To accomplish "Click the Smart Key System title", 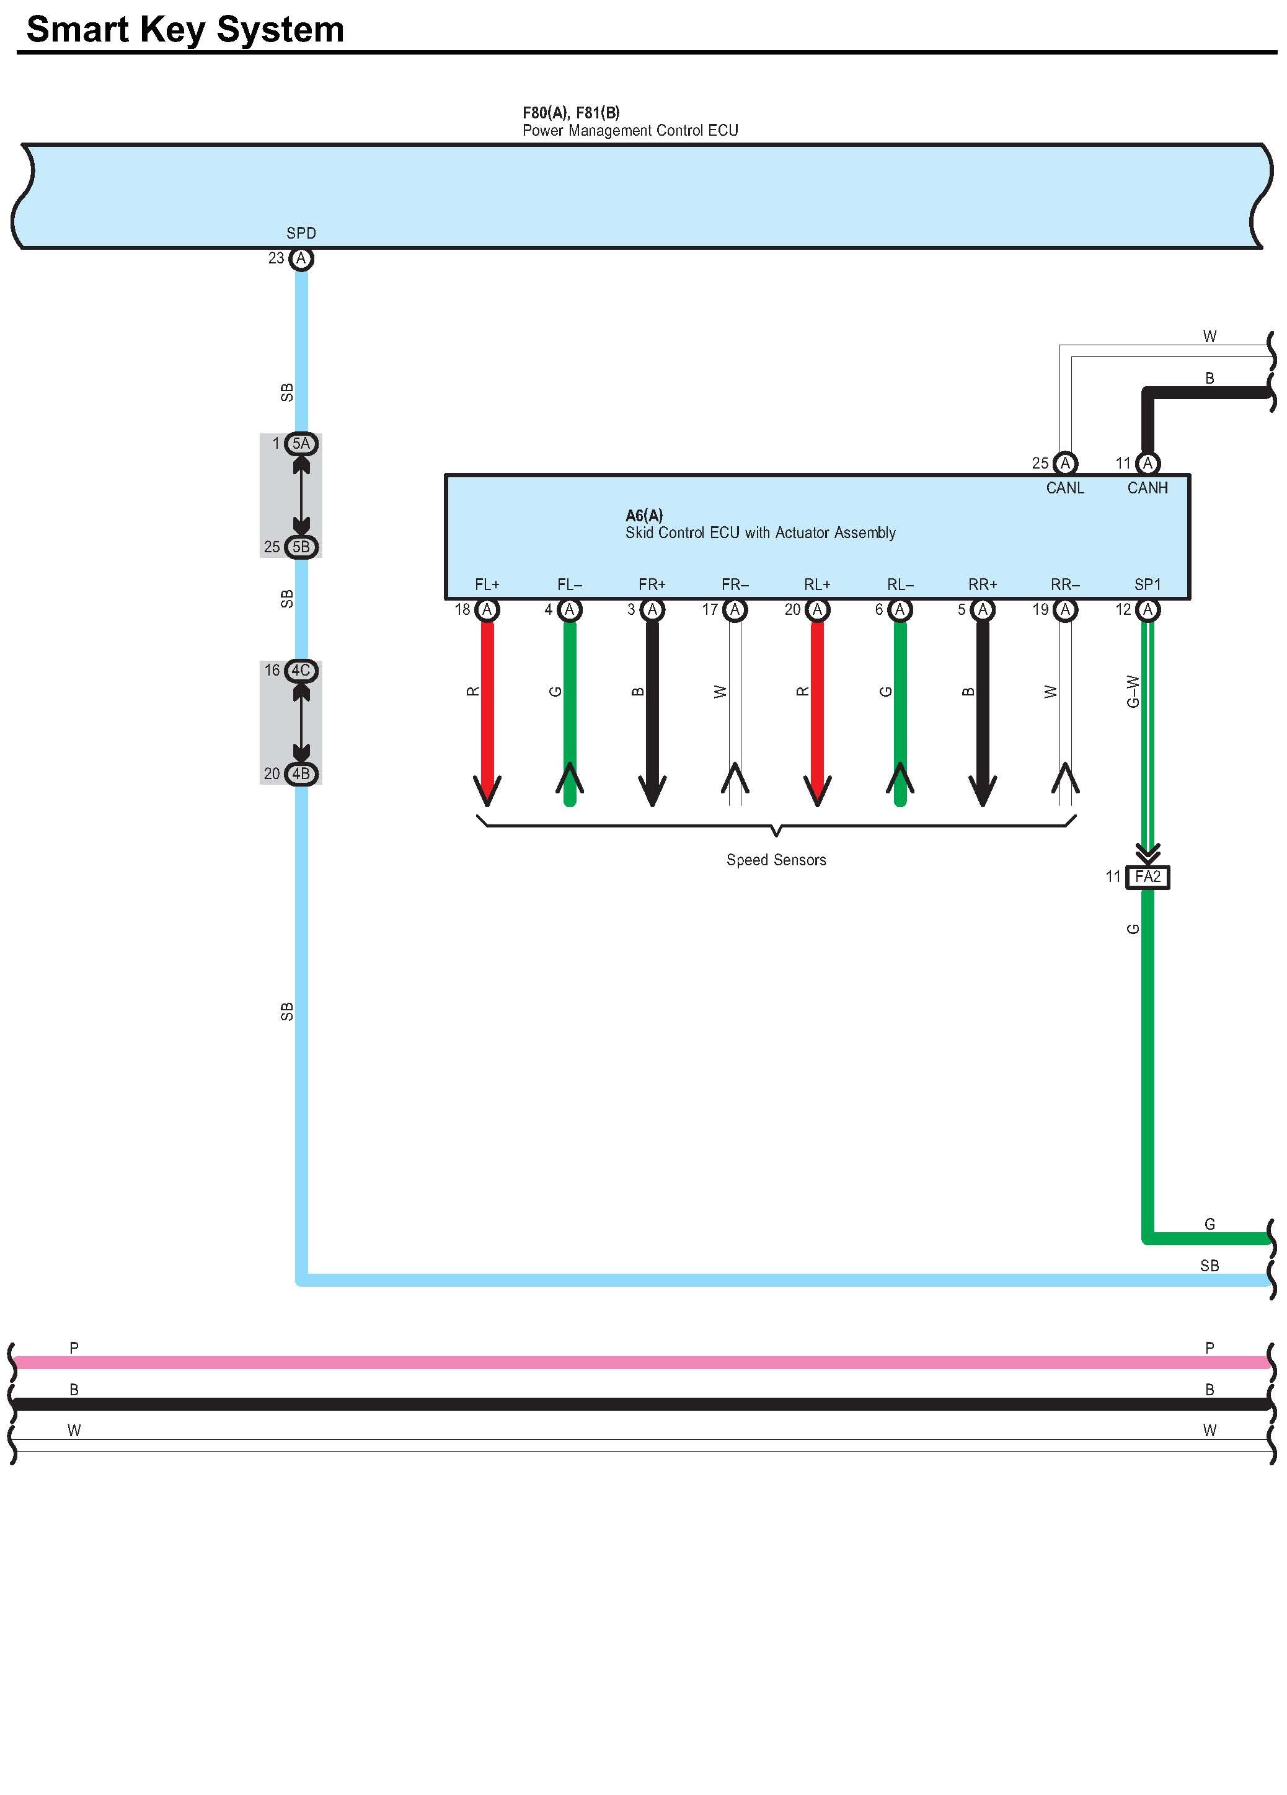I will tap(185, 30).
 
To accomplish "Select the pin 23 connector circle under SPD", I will tap(301, 258).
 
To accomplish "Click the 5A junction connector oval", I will tap(301, 444).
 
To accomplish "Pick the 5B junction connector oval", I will tap(301, 547).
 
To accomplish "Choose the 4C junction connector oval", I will tap(301, 671).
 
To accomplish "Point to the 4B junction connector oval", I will tap(301, 774).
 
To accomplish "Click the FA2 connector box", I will tap(1147, 877).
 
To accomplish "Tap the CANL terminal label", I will tap(1064, 488).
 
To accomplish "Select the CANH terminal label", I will tap(1147, 488).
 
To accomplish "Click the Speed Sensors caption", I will tap(776, 860).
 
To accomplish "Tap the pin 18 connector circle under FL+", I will tap(487, 609).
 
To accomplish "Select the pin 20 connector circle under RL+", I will tap(818, 609).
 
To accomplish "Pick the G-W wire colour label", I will tap(1133, 691).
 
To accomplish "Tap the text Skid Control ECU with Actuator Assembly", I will tap(760, 532).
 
